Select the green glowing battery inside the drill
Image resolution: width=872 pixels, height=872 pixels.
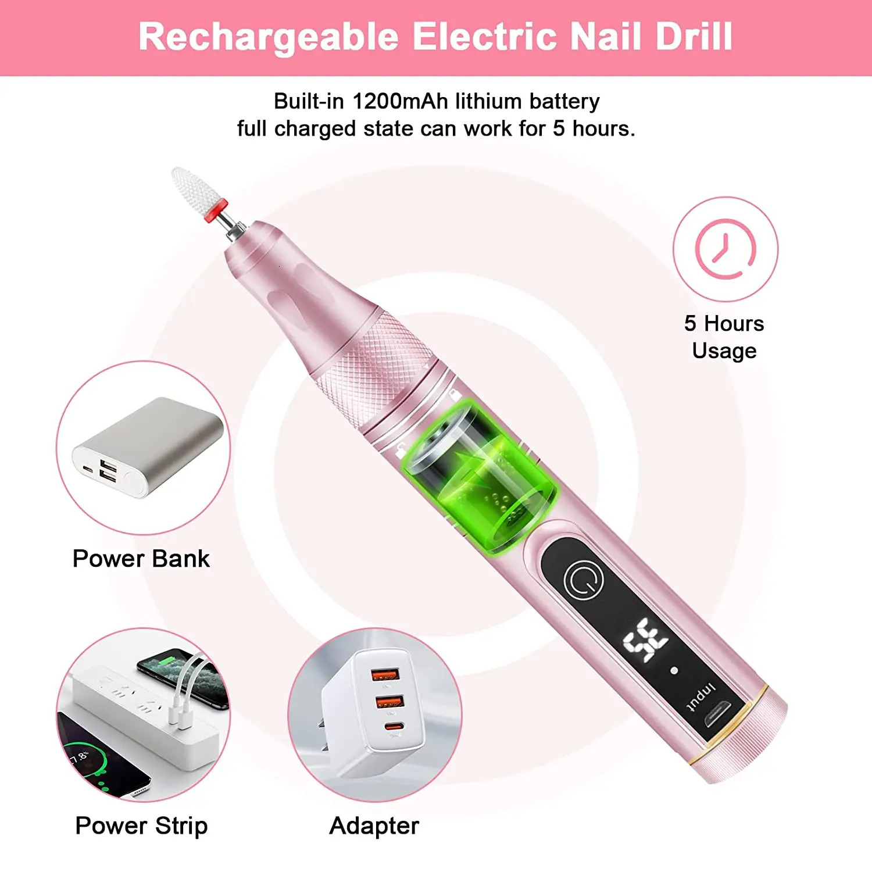click(480, 474)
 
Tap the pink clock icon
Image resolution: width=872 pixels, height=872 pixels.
click(725, 249)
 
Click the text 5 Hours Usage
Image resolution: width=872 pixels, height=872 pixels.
click(724, 337)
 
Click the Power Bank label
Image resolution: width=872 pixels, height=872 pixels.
click(141, 559)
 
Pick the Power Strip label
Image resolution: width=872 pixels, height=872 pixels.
click(141, 825)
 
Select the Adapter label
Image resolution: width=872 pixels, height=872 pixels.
click(374, 825)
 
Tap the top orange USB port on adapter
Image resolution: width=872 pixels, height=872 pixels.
click(385, 674)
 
